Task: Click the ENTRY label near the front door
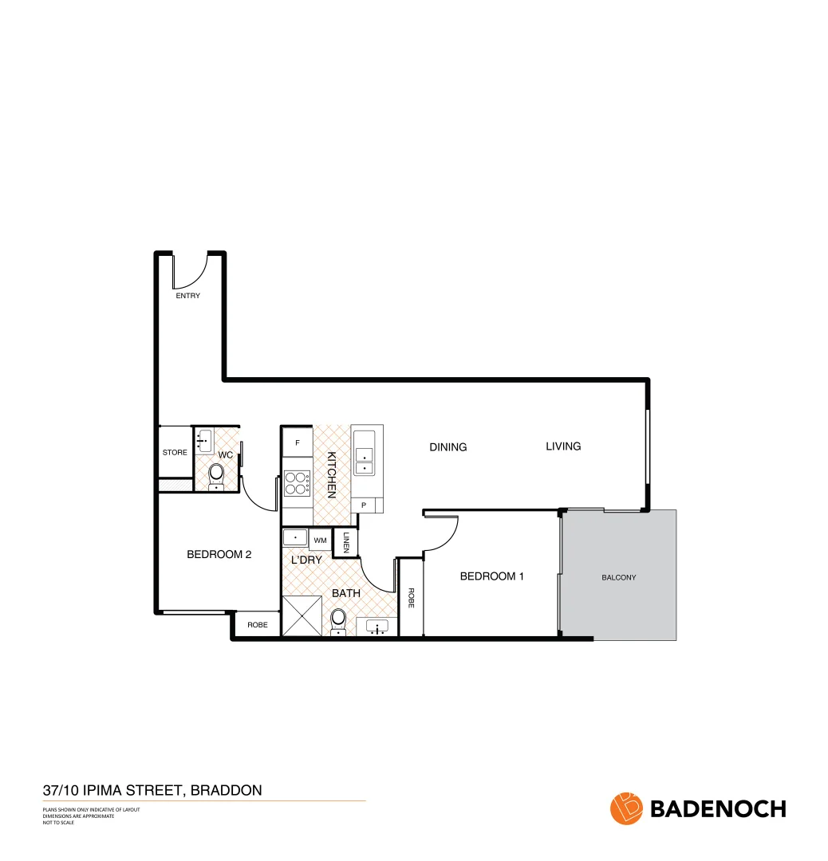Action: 188,296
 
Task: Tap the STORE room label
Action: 175,452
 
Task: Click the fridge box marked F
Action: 298,442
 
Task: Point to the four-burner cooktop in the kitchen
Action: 297,484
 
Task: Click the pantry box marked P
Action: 364,505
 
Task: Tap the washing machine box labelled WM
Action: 320,541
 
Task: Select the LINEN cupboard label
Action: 346,542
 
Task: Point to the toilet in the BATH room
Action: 338,620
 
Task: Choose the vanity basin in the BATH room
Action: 377,627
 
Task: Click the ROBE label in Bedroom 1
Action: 411,598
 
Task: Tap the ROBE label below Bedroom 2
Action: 257,625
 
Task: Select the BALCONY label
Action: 619,577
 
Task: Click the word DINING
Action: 448,447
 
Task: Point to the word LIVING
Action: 563,446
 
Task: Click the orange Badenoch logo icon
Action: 626,808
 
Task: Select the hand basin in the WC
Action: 204,438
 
